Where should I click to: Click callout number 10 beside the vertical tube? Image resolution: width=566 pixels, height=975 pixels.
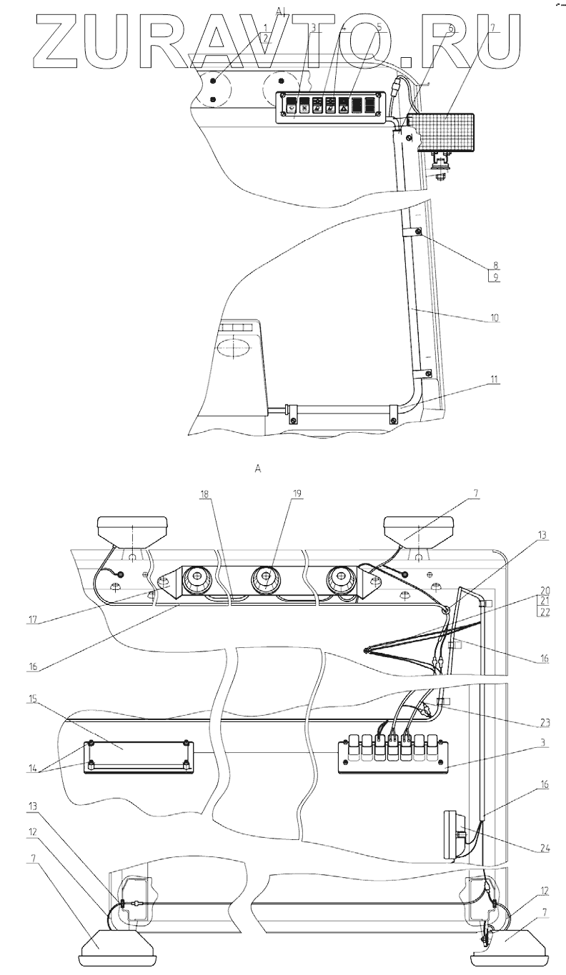click(x=494, y=315)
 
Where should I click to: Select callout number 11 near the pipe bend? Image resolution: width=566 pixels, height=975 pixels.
click(x=494, y=379)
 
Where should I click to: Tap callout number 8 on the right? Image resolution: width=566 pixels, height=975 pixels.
click(x=494, y=264)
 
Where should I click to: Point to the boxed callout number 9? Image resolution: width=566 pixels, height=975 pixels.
click(x=494, y=276)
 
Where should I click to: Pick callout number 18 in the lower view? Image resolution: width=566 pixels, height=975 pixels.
click(x=205, y=493)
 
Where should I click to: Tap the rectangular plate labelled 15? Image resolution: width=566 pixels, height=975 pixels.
click(x=136, y=757)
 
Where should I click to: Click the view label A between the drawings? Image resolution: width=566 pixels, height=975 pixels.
click(x=259, y=469)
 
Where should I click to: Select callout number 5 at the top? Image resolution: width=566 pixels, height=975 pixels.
click(x=379, y=27)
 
